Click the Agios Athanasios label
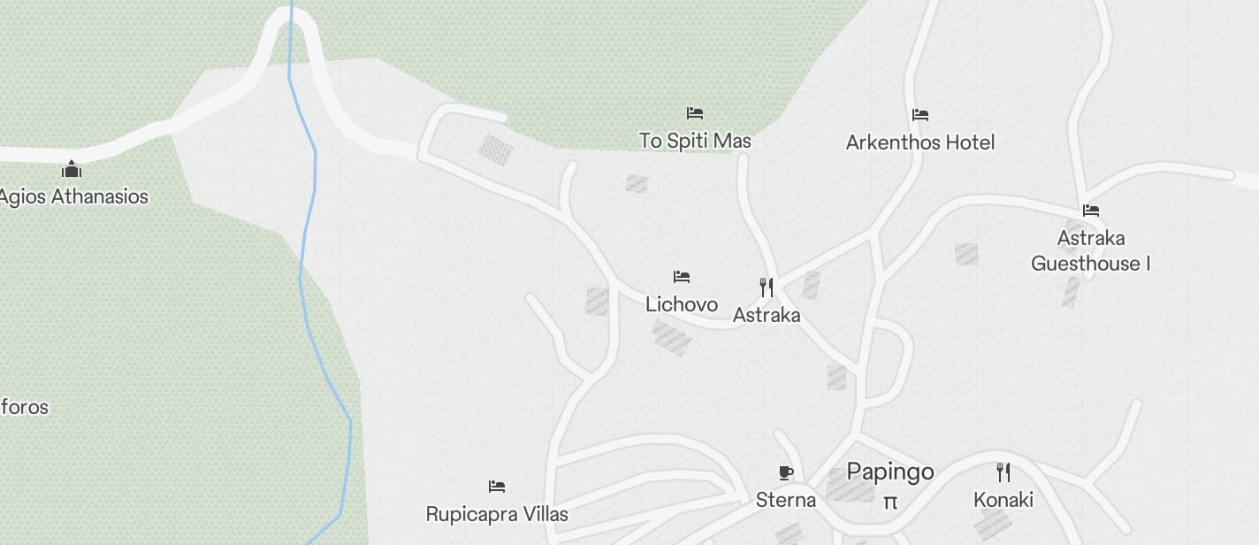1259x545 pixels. pyautogui.click(x=72, y=196)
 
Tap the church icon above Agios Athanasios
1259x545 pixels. pyautogui.click(x=72, y=169)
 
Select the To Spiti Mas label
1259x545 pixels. pyautogui.click(x=695, y=141)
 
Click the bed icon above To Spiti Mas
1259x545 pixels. pyautogui.click(x=695, y=113)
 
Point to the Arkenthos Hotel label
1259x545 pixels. pyautogui.click(x=919, y=142)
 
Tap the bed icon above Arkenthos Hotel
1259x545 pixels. pyautogui.click(x=920, y=114)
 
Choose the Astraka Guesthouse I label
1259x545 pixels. pyautogui.click(x=1090, y=250)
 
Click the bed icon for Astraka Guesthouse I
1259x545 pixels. pyautogui.click(x=1091, y=211)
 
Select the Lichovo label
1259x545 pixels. pyautogui.click(x=681, y=304)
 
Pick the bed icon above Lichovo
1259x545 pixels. pyautogui.click(x=682, y=277)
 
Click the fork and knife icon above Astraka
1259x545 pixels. pyautogui.click(x=767, y=287)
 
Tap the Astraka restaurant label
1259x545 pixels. pyautogui.click(x=767, y=315)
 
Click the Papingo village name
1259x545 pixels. pyautogui.click(x=889, y=471)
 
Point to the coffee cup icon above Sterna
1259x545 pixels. pyautogui.click(x=786, y=472)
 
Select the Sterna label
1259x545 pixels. pyautogui.click(x=786, y=500)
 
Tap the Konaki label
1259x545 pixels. pyautogui.click(x=1003, y=500)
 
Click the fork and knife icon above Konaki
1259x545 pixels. pyautogui.click(x=1003, y=472)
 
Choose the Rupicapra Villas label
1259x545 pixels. pyautogui.click(x=497, y=514)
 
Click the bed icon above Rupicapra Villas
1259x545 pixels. pyautogui.click(x=497, y=486)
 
